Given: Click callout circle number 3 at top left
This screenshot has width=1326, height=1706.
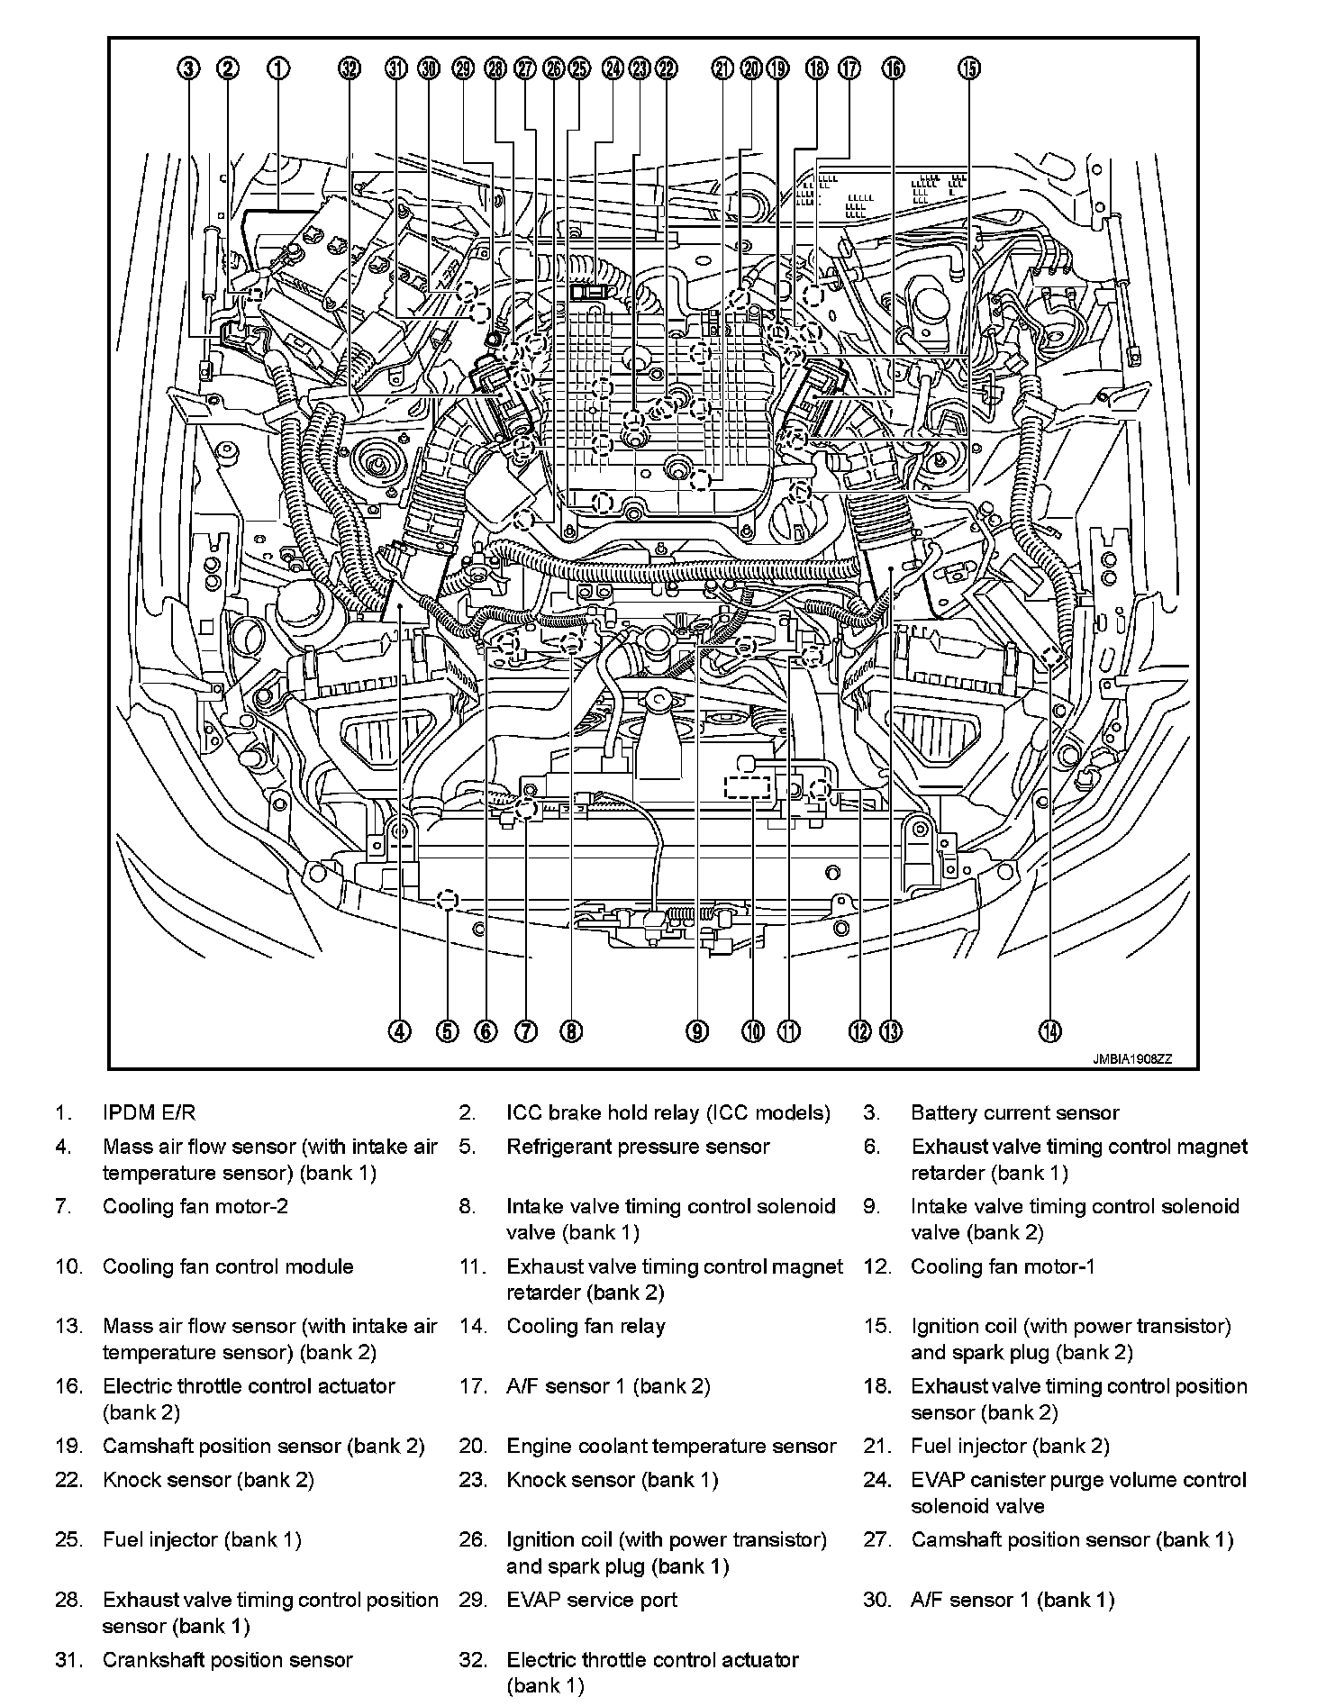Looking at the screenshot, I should pos(188,68).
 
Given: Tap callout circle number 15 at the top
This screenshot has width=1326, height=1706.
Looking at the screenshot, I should pos(968,68).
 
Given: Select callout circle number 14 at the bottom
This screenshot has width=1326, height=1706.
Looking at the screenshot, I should pos(1050,1031).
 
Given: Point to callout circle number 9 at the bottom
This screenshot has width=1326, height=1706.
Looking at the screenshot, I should pos(696,1031).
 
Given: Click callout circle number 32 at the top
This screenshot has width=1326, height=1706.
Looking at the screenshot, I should pos(350,68).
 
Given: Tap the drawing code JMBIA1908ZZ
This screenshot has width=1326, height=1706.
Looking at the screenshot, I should pos(1133,1060).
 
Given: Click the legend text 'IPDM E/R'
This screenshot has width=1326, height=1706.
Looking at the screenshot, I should pos(149,1112).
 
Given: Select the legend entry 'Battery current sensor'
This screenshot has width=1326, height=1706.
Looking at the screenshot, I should pos(1014,1112).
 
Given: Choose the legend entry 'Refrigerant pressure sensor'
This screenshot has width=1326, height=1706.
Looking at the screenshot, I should pos(638,1147).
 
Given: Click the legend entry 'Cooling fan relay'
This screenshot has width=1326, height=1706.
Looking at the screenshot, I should pos(586,1326).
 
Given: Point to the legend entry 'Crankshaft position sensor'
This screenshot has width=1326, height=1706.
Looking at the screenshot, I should pos(227,1660).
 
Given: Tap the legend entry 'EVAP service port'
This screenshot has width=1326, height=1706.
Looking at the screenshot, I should pos(592,1600).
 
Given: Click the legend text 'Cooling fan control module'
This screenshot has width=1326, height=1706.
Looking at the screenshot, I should pos(228,1266).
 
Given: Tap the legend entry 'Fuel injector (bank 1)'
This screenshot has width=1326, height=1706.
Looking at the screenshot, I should pos(202,1539).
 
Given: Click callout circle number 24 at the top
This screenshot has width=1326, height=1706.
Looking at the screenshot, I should pos(613,68).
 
